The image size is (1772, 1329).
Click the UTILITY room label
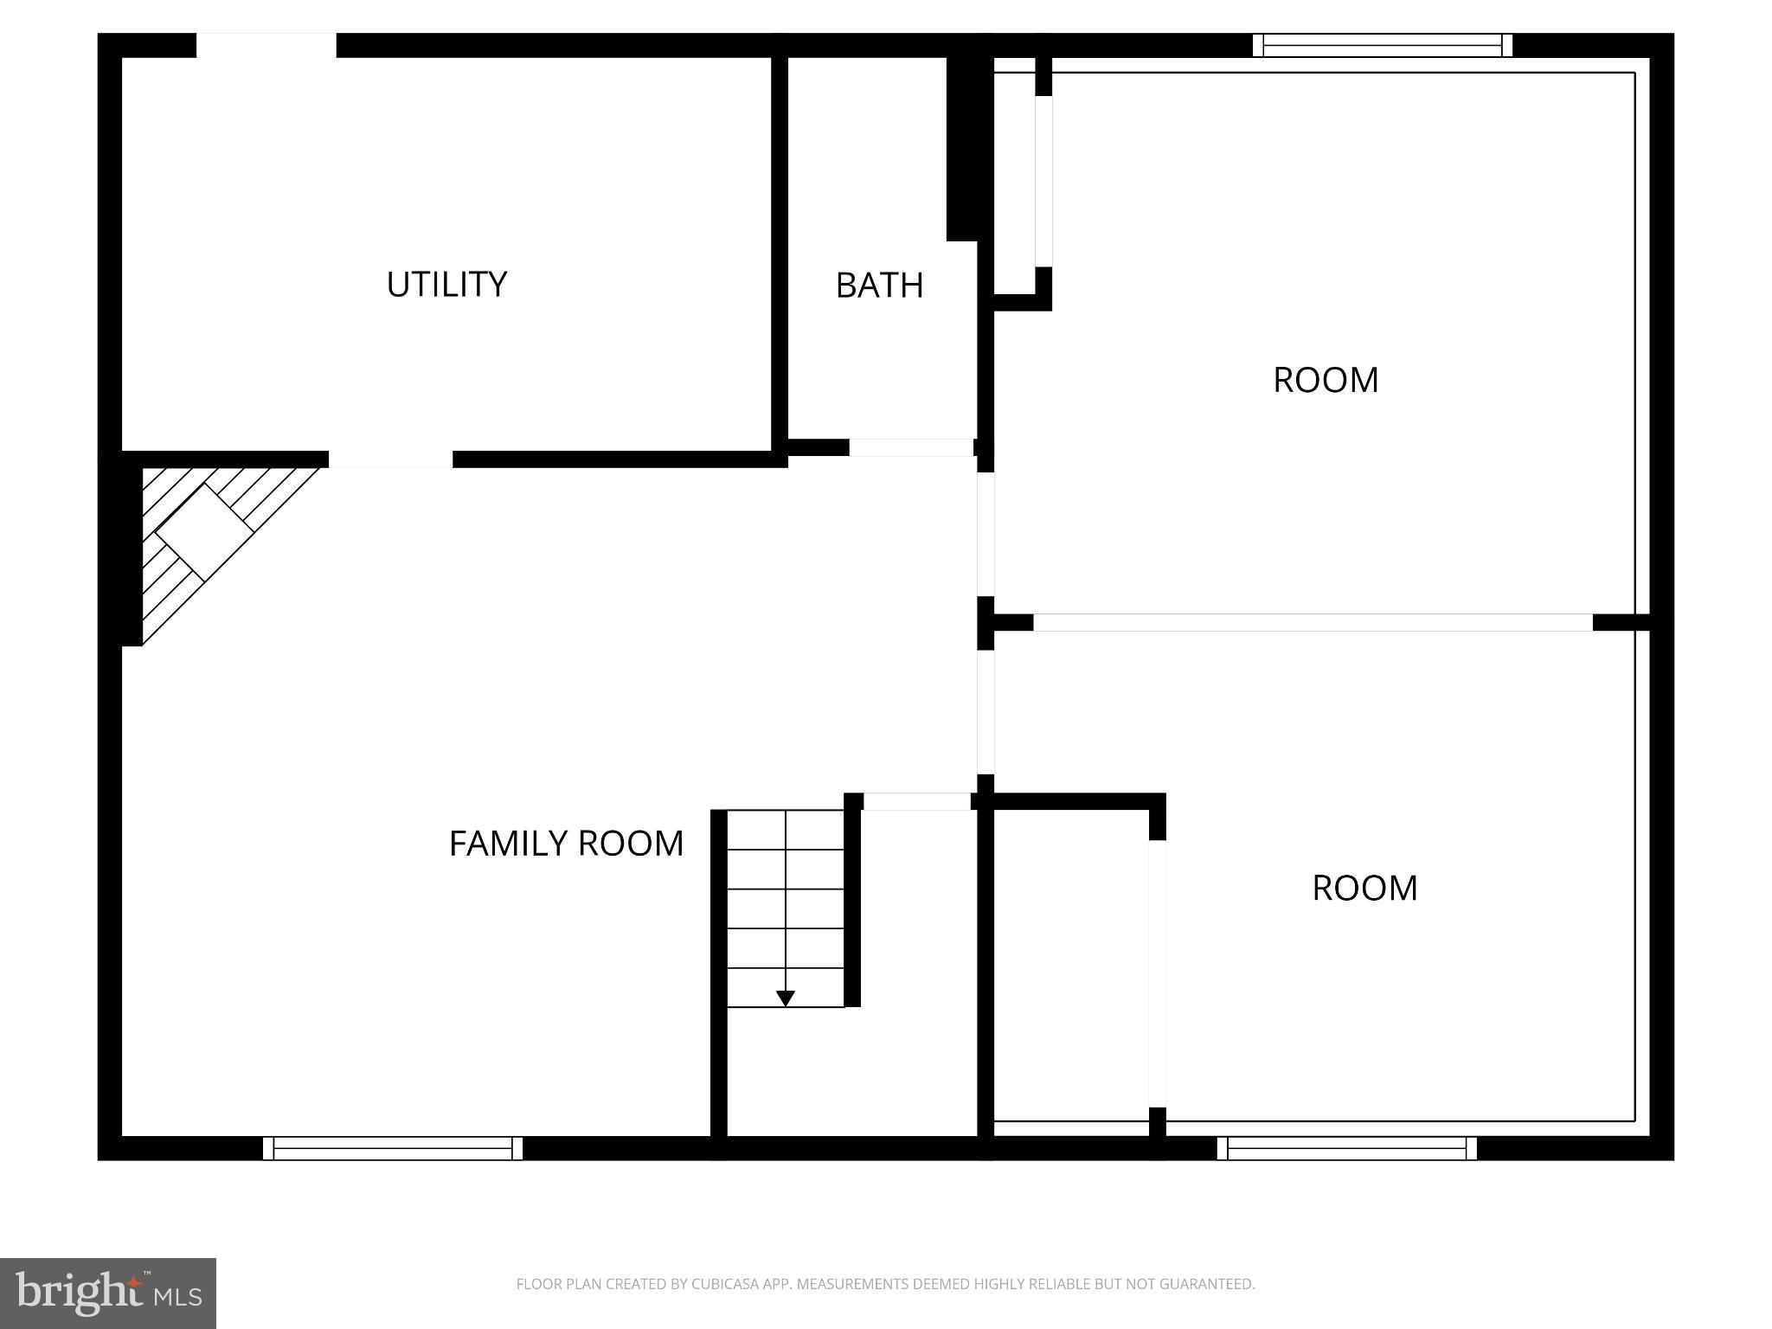pyautogui.click(x=446, y=285)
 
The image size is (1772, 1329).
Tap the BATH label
pyautogui.click(x=879, y=286)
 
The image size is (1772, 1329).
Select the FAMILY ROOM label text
pyautogui.click(x=566, y=844)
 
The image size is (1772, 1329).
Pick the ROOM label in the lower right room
pyautogui.click(x=1364, y=889)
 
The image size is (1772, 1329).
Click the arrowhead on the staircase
pyautogui.click(x=786, y=998)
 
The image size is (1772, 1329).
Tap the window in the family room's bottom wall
pyautogui.click(x=393, y=1148)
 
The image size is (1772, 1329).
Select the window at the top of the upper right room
pyautogui.click(x=1382, y=46)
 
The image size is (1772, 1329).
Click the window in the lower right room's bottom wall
pyautogui.click(x=1346, y=1148)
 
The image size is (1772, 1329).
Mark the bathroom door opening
pyautogui.click(x=911, y=447)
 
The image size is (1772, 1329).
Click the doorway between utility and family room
pyautogui.click(x=390, y=459)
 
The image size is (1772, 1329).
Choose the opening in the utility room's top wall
pyautogui.click(x=266, y=46)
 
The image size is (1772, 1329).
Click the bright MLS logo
pyautogui.click(x=108, y=1294)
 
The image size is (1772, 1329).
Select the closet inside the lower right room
pyautogui.click(x=1071, y=965)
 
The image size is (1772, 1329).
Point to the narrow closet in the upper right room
pyautogui.click(x=1014, y=182)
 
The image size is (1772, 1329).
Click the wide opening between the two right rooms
pyautogui.click(x=1313, y=622)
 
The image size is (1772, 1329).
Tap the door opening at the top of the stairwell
pyautogui.click(x=917, y=801)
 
